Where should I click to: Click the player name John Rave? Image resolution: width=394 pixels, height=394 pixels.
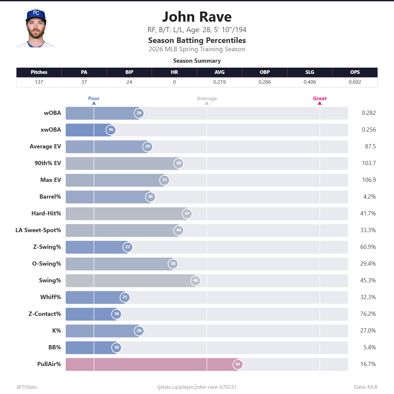pyautogui.click(x=197, y=17)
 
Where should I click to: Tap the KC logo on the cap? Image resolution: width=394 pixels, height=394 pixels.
pyautogui.click(x=36, y=13)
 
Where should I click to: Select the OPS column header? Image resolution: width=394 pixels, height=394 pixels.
pyautogui.click(x=355, y=72)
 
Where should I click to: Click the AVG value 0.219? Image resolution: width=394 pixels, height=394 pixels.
pyautogui.click(x=219, y=82)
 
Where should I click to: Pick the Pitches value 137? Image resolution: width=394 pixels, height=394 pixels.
pyautogui.click(x=39, y=82)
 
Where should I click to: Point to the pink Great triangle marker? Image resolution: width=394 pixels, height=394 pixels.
pyautogui.click(x=320, y=103)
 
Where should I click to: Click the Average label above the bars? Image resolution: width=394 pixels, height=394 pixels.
pyautogui.click(x=207, y=98)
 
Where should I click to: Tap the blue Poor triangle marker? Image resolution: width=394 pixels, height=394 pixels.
pyautogui.click(x=94, y=103)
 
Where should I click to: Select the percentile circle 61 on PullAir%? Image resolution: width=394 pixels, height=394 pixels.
pyautogui.click(x=238, y=364)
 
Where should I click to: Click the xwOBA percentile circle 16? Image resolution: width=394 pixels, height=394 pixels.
pyautogui.click(x=111, y=130)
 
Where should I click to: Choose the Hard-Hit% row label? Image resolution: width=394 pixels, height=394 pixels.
pyautogui.click(x=46, y=213)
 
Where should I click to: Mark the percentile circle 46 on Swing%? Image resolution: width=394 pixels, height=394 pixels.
pyautogui.click(x=195, y=280)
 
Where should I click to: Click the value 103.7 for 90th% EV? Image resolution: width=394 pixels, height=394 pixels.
pyautogui.click(x=369, y=163)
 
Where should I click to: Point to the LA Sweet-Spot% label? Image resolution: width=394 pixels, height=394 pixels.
pyautogui.click(x=38, y=230)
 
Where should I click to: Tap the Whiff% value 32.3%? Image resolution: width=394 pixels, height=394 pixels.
pyautogui.click(x=368, y=297)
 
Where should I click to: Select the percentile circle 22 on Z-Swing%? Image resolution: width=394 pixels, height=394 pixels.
pyautogui.click(x=128, y=247)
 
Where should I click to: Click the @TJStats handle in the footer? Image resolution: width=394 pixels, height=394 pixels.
pyautogui.click(x=27, y=387)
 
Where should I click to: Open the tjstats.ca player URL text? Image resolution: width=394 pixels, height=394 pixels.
pyautogui.click(x=197, y=387)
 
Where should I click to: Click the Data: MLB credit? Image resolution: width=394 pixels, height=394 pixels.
pyautogui.click(x=366, y=387)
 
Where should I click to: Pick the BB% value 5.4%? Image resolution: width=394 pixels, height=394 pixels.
pyautogui.click(x=370, y=347)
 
